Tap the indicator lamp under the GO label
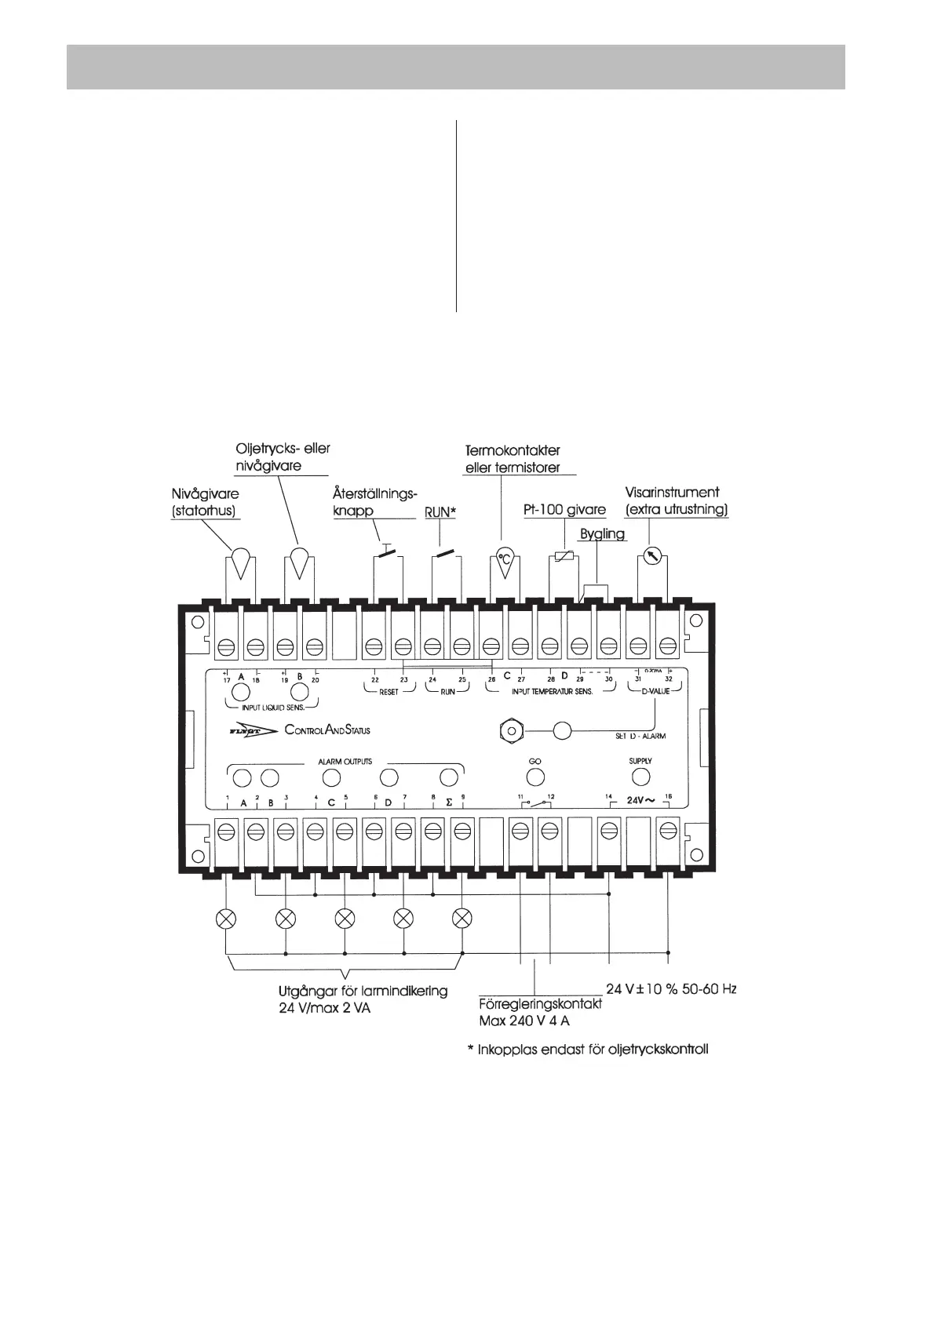(535, 777)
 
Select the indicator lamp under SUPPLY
(640, 777)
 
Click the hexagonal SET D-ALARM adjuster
(512, 730)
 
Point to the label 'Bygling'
(602, 534)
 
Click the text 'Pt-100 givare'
(564, 510)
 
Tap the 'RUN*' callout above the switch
(440, 511)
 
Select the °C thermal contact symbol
(505, 561)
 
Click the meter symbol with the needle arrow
(651, 556)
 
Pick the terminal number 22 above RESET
(375, 679)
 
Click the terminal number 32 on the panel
(669, 679)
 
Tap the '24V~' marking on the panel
(640, 801)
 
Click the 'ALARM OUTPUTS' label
(345, 762)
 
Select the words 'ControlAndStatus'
(327, 730)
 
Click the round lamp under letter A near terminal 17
(241, 692)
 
